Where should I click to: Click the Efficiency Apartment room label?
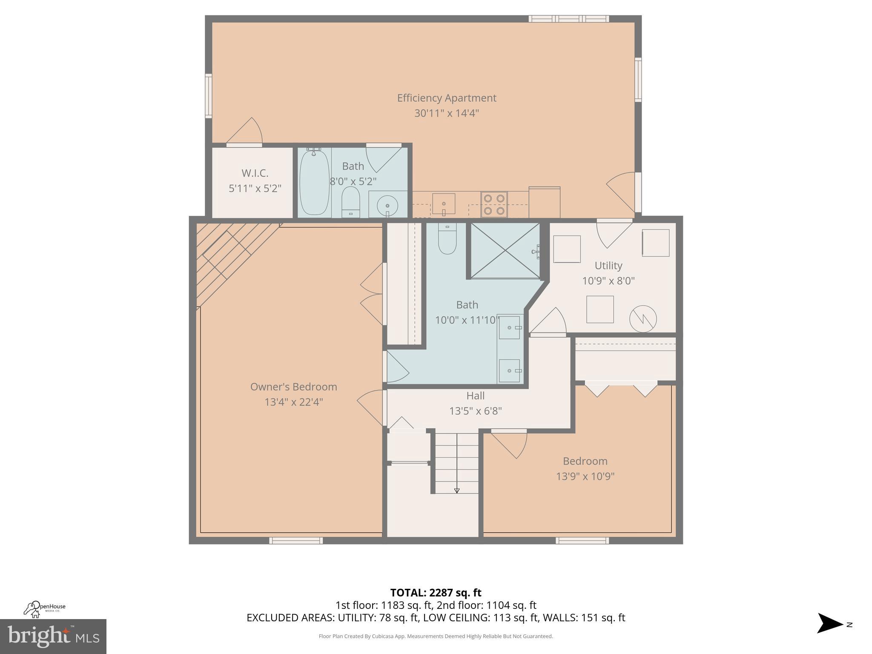click(447, 98)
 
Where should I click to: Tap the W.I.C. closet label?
click(255, 173)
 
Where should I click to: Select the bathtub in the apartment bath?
click(314, 182)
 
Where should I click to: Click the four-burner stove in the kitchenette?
click(494, 204)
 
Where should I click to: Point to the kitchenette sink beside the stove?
click(444, 204)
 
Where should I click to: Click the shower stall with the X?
click(505, 251)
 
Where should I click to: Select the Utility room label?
click(608, 266)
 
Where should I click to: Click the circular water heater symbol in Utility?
click(643, 319)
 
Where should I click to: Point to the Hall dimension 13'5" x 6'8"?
click(476, 411)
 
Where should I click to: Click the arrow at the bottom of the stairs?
click(457, 490)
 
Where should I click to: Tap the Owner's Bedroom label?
click(293, 387)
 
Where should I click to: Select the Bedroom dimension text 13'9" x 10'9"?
click(585, 476)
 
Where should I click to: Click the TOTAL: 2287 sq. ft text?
click(436, 592)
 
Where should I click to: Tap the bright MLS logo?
click(53, 636)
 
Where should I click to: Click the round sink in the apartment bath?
click(387, 207)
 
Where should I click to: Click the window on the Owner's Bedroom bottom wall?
click(296, 540)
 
